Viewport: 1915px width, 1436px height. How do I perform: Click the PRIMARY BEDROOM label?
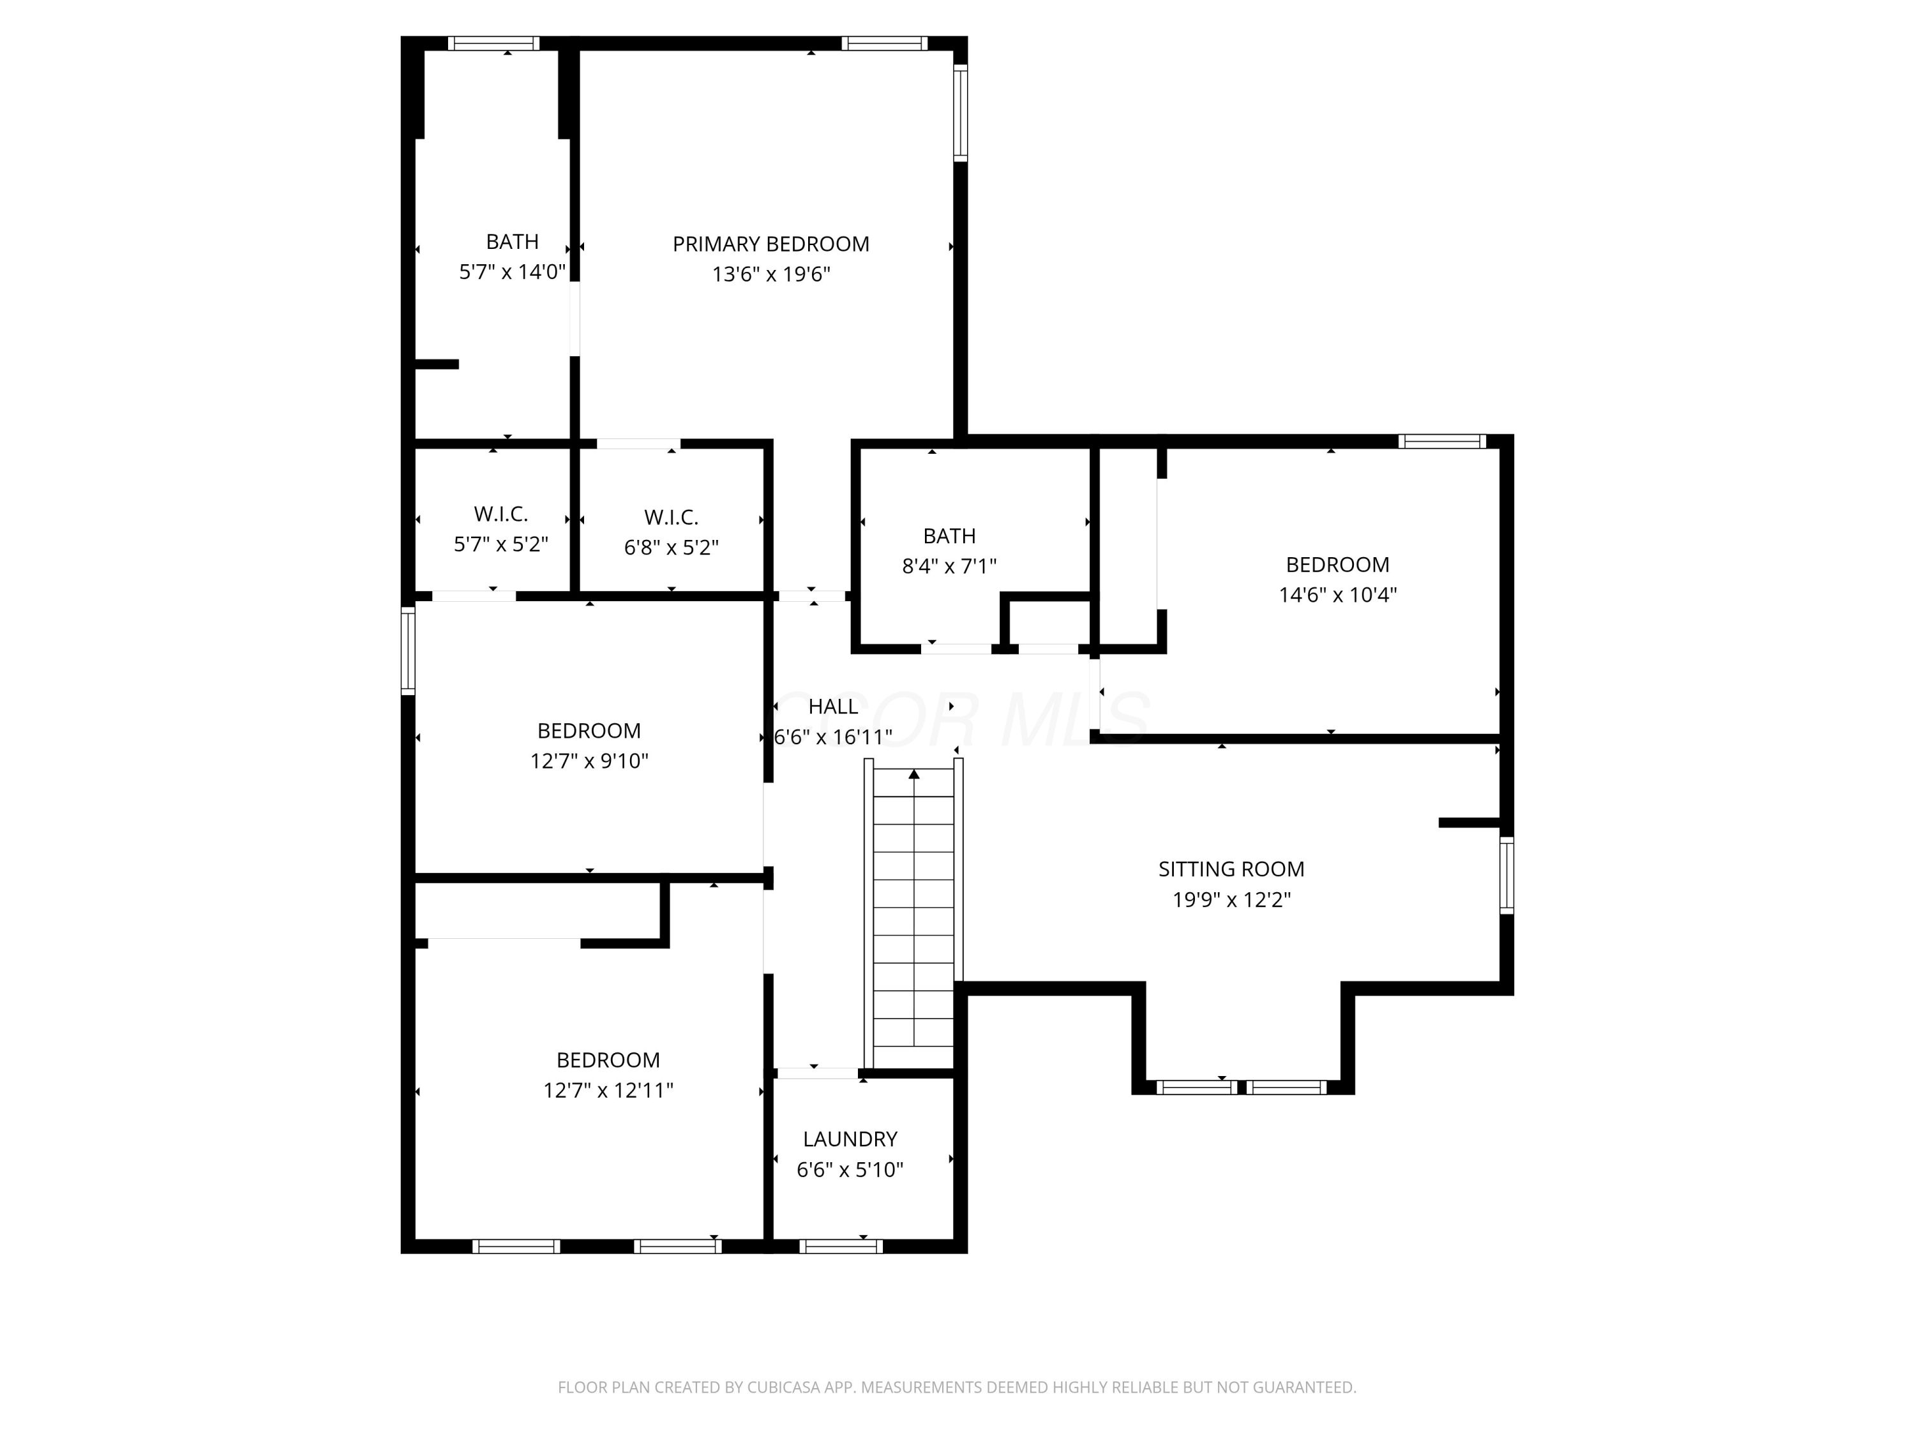(x=770, y=244)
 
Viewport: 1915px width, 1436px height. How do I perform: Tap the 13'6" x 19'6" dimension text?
(x=770, y=274)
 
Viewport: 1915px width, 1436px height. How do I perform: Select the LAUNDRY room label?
(x=849, y=1139)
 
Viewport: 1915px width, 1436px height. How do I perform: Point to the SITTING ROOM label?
(x=1231, y=869)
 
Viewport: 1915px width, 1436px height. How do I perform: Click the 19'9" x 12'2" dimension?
(x=1231, y=899)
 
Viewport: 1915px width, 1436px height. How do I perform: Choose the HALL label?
(x=833, y=707)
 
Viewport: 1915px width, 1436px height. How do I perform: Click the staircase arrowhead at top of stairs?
(x=914, y=774)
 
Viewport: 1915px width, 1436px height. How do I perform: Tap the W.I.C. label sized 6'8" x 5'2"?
(x=671, y=518)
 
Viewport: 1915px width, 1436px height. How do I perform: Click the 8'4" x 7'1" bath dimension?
(x=949, y=566)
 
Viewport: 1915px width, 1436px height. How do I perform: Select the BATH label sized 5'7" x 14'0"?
(x=512, y=241)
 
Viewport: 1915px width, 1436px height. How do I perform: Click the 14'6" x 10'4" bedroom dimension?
(x=1337, y=595)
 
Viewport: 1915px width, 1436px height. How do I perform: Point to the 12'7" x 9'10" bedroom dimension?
(x=589, y=761)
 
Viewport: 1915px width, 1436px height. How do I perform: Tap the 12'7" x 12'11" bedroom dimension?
(x=608, y=1090)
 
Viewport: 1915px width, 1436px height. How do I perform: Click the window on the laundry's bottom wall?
(x=841, y=1246)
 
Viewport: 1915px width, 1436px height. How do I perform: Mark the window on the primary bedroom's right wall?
(x=960, y=112)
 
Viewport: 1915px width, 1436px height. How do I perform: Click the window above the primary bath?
(x=493, y=43)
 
